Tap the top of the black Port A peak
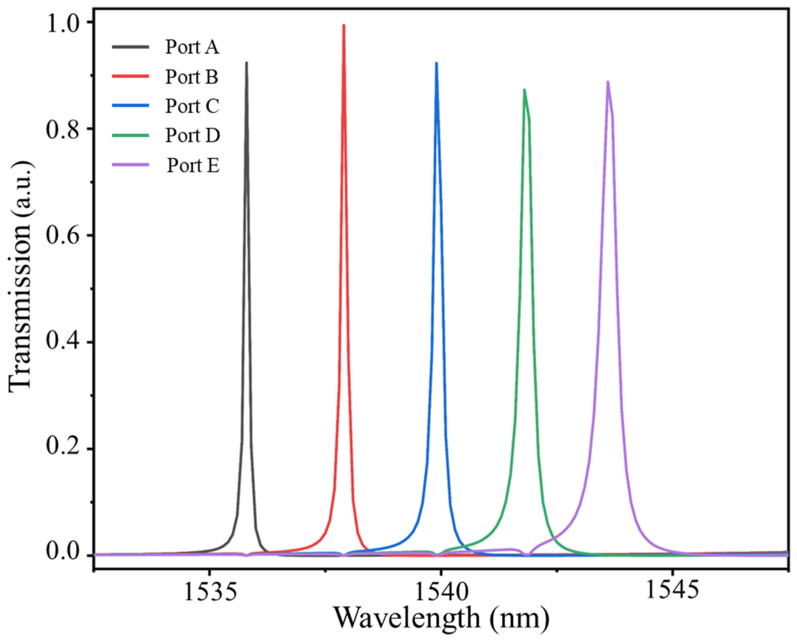247,63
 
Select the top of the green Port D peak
524,90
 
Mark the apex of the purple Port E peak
607,82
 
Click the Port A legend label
192,47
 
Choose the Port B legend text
192,77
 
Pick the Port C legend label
192,106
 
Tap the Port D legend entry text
192,135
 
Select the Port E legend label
193,165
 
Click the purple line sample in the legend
130,165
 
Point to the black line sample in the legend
130,47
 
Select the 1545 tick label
672,591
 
